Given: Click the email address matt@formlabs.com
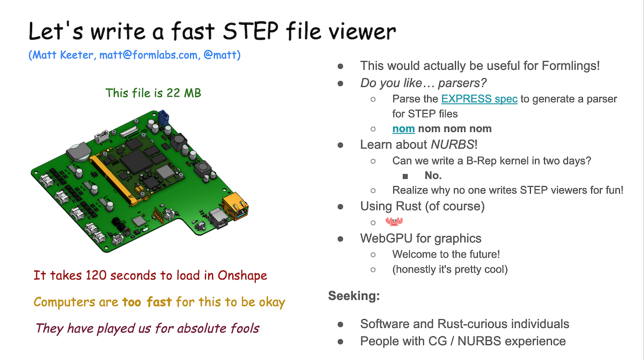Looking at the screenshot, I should (x=149, y=55).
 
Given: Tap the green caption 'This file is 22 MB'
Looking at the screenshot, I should (x=153, y=93).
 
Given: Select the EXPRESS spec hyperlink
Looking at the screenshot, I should (x=479, y=99).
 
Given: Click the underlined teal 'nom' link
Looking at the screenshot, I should (x=404, y=129).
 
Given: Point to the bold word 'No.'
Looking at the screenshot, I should (x=433, y=175).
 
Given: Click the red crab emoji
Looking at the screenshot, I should (x=394, y=222).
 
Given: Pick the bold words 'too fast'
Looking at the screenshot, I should (x=147, y=302).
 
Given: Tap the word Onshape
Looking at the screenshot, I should (x=242, y=276).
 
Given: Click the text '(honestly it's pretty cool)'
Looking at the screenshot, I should (x=450, y=269).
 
